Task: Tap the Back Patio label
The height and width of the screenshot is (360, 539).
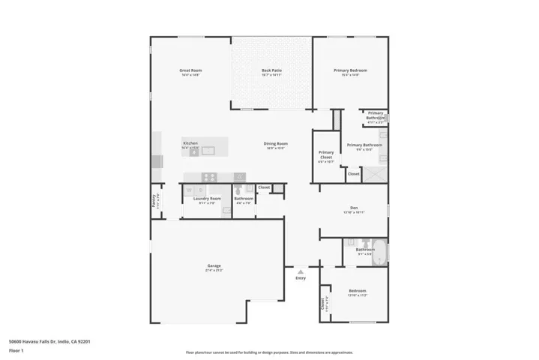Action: click(271, 70)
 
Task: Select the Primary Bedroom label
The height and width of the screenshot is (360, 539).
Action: click(350, 70)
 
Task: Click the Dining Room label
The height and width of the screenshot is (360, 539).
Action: click(275, 144)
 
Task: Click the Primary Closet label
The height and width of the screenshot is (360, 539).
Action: click(326, 156)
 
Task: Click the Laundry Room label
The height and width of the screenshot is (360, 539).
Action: click(206, 199)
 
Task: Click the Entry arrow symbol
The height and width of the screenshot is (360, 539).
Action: click(301, 271)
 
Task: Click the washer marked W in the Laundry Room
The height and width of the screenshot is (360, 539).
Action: click(189, 190)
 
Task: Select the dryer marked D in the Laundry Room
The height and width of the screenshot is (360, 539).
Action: click(200, 190)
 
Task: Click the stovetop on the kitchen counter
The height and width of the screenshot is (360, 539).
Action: click(209, 177)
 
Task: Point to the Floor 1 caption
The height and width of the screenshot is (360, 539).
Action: click(16, 350)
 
